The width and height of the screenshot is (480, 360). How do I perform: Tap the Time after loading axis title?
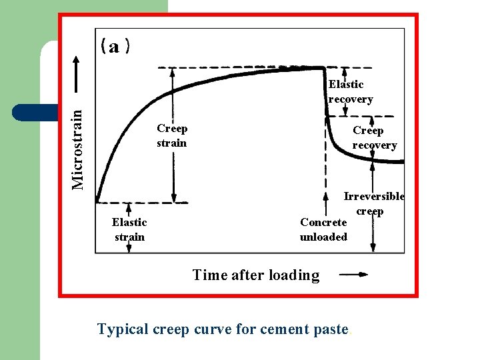tap(256, 275)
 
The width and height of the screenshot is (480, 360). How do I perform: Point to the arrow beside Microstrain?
tap(78, 75)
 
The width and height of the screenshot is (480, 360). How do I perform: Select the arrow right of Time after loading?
tap(353, 274)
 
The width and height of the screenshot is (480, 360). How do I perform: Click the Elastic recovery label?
tap(350, 91)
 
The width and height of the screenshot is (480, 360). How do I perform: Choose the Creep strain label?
tap(172, 135)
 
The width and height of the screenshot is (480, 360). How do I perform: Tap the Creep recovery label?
tap(374, 138)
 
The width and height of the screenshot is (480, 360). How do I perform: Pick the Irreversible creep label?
tap(373, 203)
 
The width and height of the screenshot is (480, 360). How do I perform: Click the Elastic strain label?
tap(129, 229)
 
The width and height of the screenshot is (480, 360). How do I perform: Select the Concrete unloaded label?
tap(323, 229)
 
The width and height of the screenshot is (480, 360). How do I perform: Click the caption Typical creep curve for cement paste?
tap(223, 329)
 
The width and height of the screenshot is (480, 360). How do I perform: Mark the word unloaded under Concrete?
tap(323, 237)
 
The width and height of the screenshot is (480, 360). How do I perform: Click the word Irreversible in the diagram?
tap(374, 196)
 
